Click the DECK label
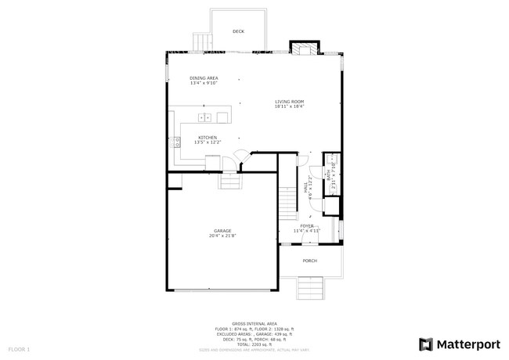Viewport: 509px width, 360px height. (x=238, y=31)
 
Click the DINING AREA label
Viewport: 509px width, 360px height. (x=204, y=78)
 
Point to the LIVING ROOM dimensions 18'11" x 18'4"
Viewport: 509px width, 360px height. (x=289, y=107)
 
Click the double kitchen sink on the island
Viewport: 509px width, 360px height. (x=204, y=117)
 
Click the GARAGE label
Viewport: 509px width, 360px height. (x=222, y=231)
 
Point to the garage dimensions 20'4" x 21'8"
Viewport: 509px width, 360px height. (x=222, y=236)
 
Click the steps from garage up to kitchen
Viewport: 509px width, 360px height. (x=230, y=182)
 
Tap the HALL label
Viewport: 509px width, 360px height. (x=306, y=189)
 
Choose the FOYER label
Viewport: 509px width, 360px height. (x=307, y=225)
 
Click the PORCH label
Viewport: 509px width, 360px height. (x=310, y=261)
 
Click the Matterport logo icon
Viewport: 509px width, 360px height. (x=426, y=344)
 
